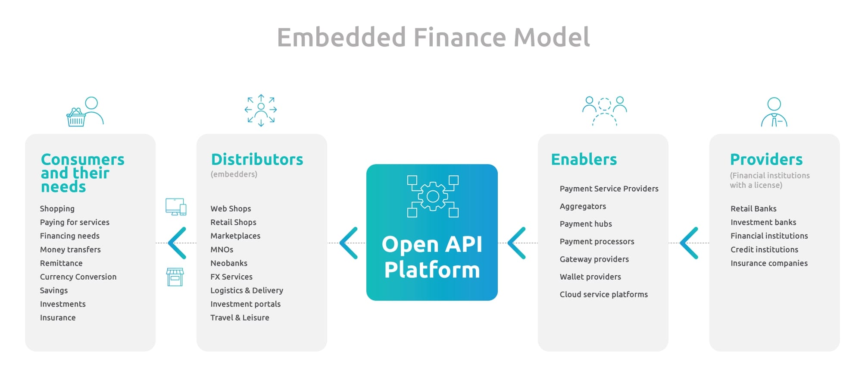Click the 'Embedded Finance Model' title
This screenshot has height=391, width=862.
click(x=433, y=37)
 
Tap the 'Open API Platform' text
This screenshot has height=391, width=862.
click(x=432, y=257)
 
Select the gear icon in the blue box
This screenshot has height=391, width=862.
click(x=433, y=196)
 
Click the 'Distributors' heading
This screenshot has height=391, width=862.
click(x=257, y=159)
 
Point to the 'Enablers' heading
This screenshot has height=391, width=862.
click(x=584, y=159)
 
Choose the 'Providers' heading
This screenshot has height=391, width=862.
click(x=766, y=159)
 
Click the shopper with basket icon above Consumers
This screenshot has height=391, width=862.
click(x=85, y=111)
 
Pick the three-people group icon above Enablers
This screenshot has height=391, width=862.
click(x=604, y=111)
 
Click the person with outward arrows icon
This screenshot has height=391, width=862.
click(x=261, y=110)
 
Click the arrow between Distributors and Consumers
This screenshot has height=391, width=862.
click(x=177, y=243)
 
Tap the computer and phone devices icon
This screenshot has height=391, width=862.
click(x=176, y=207)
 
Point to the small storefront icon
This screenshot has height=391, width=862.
click(x=175, y=277)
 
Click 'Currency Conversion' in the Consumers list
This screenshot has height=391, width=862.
click(x=78, y=277)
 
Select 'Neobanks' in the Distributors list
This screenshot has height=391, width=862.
click(x=229, y=263)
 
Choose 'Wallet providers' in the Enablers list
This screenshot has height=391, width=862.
click(x=590, y=277)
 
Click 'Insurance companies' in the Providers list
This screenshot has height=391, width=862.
click(x=769, y=263)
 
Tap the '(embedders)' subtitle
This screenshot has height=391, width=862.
click(x=234, y=174)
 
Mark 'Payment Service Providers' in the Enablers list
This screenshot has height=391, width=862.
click(x=609, y=189)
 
